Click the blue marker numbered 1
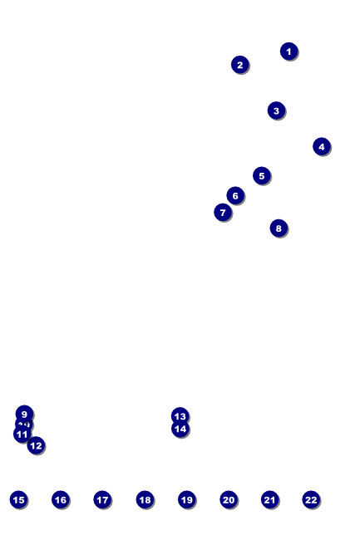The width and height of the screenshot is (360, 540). pyautogui.click(x=288, y=52)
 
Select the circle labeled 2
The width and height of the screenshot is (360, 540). pyautogui.click(x=239, y=65)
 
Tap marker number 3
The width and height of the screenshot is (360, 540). pyautogui.click(x=276, y=110)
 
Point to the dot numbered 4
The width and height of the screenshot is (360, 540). pyautogui.click(x=322, y=146)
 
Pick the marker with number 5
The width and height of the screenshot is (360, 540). pyautogui.click(x=261, y=175)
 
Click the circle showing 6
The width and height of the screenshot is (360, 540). pyautogui.click(x=235, y=196)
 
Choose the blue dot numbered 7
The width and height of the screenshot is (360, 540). pyautogui.click(x=222, y=213)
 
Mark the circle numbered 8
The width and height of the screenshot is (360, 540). pyautogui.click(x=279, y=228)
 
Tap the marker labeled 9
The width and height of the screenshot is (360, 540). pyautogui.click(x=24, y=414)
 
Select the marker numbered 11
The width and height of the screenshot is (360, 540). pyautogui.click(x=22, y=434)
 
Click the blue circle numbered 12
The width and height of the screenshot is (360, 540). pyautogui.click(x=36, y=445)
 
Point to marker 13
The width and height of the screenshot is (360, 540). pyautogui.click(x=180, y=416)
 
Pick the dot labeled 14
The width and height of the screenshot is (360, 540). pyautogui.click(x=180, y=429)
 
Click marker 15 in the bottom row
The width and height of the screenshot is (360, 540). pyautogui.click(x=18, y=499)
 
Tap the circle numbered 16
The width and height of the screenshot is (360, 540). pyautogui.click(x=60, y=499)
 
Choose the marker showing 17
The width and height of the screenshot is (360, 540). pyautogui.click(x=102, y=499)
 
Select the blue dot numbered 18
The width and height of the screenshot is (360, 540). pyautogui.click(x=145, y=499)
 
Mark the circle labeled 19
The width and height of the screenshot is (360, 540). pyautogui.click(x=186, y=499)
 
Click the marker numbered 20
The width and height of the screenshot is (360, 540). pyautogui.click(x=229, y=499)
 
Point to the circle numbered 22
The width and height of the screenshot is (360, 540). pyautogui.click(x=311, y=499)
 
